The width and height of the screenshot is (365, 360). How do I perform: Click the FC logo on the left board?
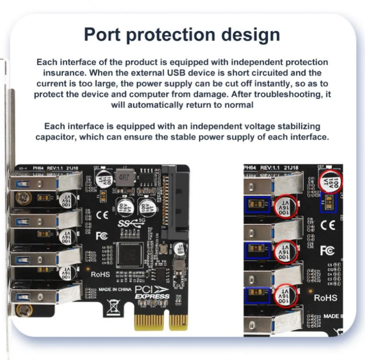pos(101,236)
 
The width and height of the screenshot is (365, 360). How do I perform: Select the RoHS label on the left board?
pos(101,274)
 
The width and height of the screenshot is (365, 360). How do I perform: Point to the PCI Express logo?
pos(151,292)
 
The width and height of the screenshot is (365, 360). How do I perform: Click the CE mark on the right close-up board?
pos(328,224)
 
